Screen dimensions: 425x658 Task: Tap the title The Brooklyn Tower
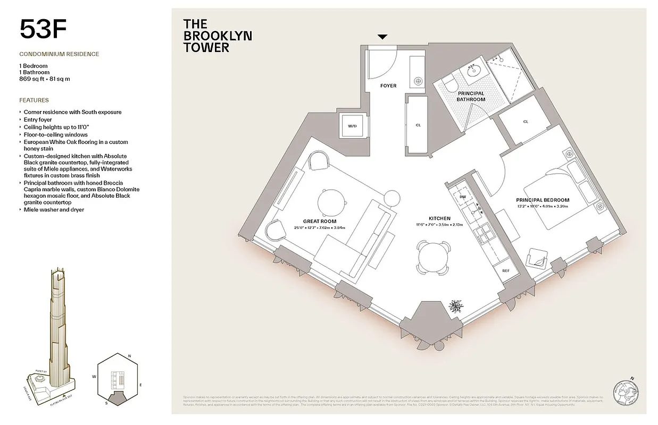coord(217,36)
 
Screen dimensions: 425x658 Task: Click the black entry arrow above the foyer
coord(382,37)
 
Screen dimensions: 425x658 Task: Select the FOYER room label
coord(388,86)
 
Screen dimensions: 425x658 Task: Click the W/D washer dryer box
coord(352,126)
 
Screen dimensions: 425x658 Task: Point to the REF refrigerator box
coord(505,271)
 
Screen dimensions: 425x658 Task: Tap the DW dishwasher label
coord(462,197)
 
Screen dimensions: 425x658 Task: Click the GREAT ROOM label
coord(319,222)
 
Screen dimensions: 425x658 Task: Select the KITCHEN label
coord(439,218)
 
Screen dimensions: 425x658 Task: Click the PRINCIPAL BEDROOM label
coord(543,200)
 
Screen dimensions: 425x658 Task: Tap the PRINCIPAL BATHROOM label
coord(471,96)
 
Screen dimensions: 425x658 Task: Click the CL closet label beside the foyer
coord(418,125)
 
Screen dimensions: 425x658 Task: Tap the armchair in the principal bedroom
coord(538,259)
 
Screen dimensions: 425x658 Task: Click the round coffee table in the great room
coord(334,202)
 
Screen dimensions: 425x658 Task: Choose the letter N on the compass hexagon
coord(129,355)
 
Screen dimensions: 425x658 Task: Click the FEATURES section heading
coord(34,100)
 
